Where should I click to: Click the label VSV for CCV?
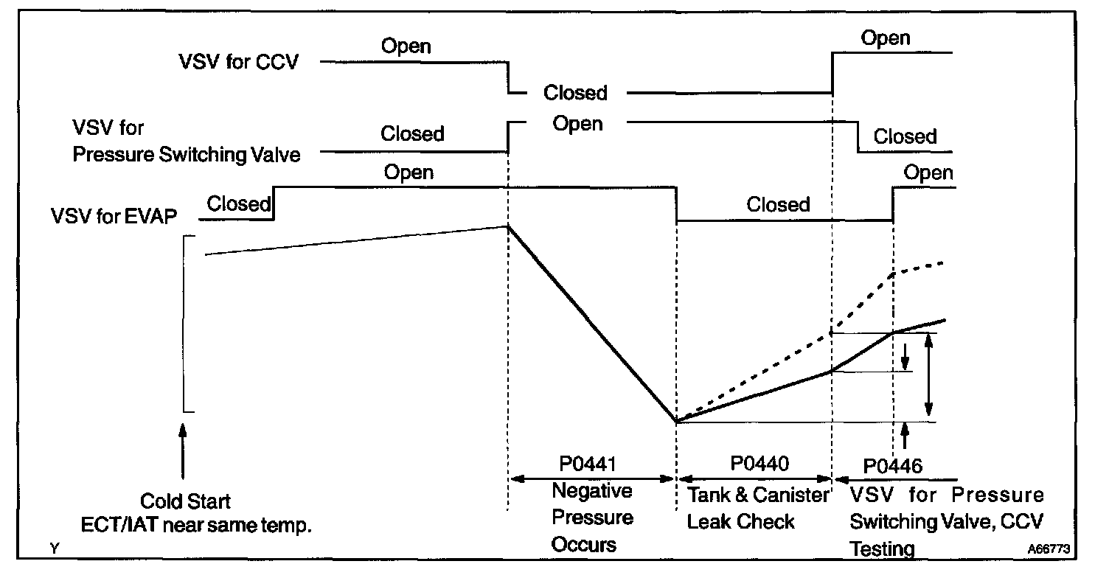[239, 62]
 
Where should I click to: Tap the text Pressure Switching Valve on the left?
[187, 155]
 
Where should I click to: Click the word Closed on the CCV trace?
[575, 94]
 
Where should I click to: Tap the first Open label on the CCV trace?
[406, 46]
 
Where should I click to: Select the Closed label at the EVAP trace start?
[237, 204]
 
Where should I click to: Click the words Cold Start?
[185, 502]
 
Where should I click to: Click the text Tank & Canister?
[759, 495]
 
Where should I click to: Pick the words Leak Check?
[741, 522]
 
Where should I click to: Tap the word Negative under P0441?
[592, 491]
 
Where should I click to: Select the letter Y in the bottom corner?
[54, 549]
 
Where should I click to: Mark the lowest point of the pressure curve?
[676, 422]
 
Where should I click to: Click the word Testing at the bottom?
[882, 549]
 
